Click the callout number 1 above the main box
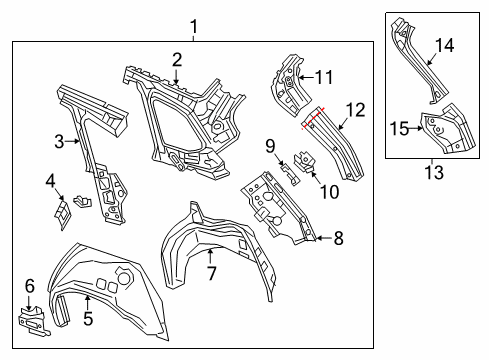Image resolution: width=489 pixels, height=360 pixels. tap(194, 27)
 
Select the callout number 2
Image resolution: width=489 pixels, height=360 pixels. tap(177, 60)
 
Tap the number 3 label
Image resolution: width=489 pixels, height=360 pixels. tap(59, 142)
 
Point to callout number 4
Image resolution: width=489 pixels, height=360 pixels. tap(50, 181)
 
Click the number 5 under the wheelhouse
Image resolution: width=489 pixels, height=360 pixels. tap(88, 318)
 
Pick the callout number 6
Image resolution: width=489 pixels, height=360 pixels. tap(30, 286)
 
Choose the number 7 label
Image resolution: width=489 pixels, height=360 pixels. tap(212, 273)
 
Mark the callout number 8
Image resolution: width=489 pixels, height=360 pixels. tap(338, 238)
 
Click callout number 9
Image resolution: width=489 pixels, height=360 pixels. tap(270, 146)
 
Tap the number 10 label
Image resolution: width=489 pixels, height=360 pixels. tap(329, 192)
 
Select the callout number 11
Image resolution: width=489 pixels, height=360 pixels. tap(324, 78)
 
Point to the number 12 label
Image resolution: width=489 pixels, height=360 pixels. tap(355, 110)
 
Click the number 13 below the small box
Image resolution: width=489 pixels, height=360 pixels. tap(434, 172)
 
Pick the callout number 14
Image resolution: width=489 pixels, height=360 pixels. tap(444, 46)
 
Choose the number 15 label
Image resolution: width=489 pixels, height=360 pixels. tap(399, 129)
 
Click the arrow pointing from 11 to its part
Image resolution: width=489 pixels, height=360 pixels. tap(306, 78)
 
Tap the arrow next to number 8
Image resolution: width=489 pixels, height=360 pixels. tap(323, 238)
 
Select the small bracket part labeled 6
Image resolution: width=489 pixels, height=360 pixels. tap(33, 321)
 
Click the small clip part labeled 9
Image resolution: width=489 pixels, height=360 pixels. tap(289, 173)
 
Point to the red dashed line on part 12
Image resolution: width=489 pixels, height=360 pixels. tap(313, 118)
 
